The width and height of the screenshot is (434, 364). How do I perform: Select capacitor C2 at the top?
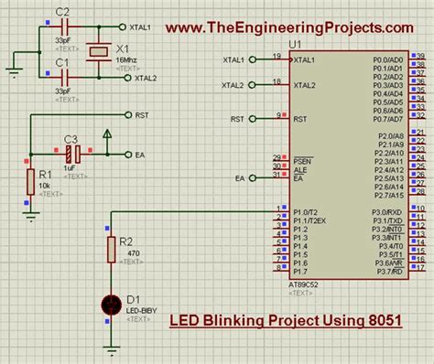point(62,27)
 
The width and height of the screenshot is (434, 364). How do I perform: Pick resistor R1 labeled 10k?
point(31,182)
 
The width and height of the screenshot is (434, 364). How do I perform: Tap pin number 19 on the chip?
point(276,56)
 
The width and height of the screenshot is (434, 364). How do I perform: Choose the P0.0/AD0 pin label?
point(388,59)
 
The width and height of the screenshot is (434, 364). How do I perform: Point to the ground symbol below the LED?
point(111,347)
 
